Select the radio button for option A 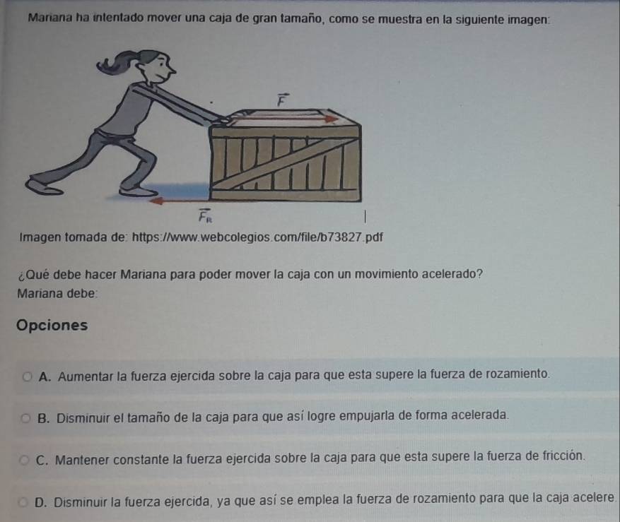coord(27,376)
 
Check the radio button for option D coord(24,503)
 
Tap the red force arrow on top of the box coord(283,119)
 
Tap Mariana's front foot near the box coord(138,191)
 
